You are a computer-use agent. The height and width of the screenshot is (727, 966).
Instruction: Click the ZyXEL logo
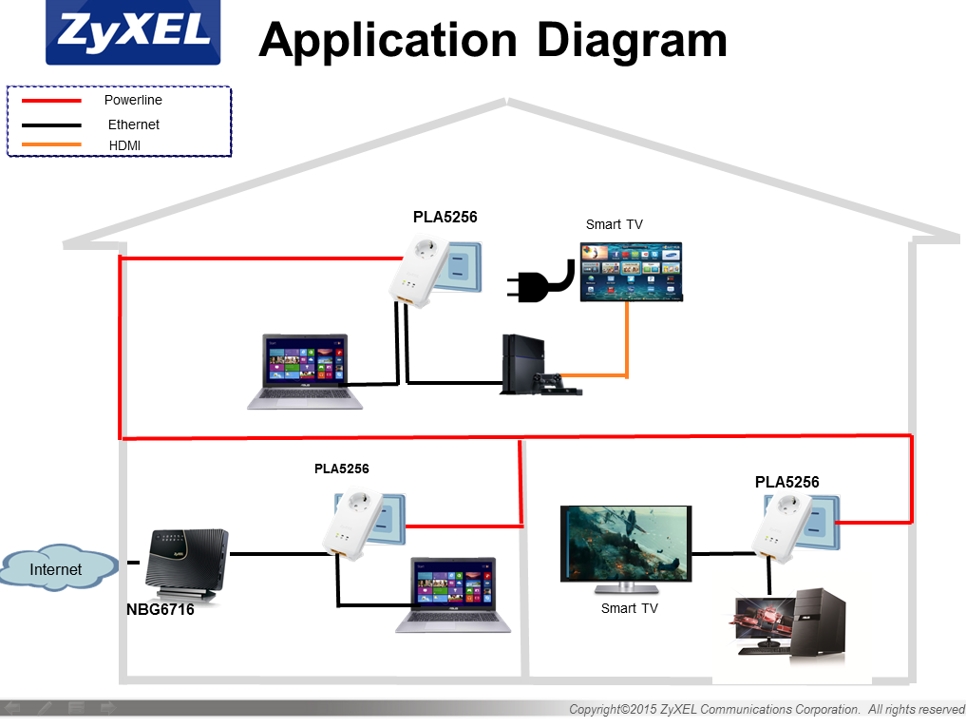coord(133,32)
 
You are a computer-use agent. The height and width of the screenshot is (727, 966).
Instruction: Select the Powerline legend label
coord(133,100)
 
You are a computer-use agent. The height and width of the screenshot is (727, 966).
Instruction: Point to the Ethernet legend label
coord(133,124)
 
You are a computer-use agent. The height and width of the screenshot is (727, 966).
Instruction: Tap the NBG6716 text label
coord(160,610)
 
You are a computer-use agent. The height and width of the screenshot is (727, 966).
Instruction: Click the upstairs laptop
coord(304,372)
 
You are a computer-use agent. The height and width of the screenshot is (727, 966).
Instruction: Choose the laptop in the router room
coord(453,595)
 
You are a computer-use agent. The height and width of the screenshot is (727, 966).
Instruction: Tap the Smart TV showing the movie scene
coord(626,544)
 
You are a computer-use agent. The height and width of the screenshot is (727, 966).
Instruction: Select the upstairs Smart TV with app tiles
coord(631,272)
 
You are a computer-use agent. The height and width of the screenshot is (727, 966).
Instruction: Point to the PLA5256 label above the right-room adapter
coord(786,482)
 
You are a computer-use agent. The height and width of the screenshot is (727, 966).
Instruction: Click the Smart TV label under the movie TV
coord(629,608)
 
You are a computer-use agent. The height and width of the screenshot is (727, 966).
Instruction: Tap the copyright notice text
coord(766,709)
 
